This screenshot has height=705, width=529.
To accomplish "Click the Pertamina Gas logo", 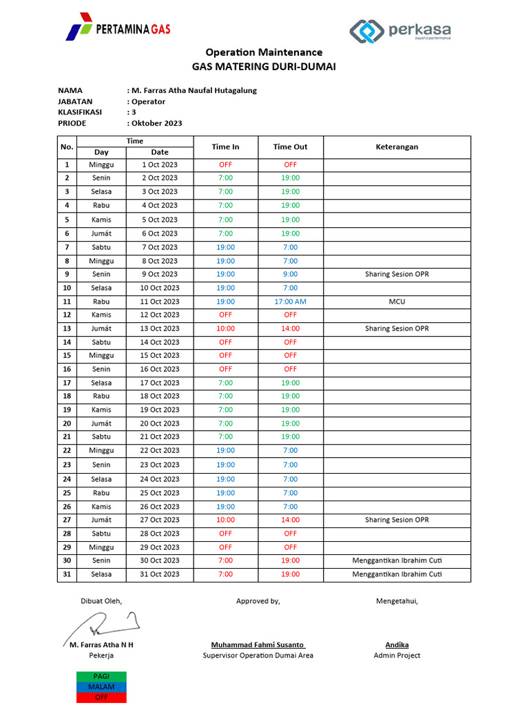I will [x=118, y=28].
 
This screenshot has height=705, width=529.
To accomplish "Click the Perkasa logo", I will [x=400, y=30].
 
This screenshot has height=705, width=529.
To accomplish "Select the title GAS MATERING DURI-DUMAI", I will [x=264, y=67].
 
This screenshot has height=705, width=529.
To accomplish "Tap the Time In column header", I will [x=225, y=147].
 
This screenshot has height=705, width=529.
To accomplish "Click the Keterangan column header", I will [x=397, y=147].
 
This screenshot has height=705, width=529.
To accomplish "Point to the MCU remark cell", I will [x=397, y=302].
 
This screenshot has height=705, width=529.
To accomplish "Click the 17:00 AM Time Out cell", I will [x=290, y=302].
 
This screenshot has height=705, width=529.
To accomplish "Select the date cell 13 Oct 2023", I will [x=160, y=328].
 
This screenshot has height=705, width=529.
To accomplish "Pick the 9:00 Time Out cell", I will [x=290, y=274].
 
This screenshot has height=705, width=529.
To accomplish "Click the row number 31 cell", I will [x=67, y=574].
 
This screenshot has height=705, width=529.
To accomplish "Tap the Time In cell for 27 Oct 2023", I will [x=225, y=520].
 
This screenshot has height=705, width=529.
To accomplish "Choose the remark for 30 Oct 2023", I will [x=397, y=560].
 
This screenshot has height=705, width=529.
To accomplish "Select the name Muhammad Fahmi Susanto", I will [x=258, y=645].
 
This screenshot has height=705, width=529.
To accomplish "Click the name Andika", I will [x=397, y=645].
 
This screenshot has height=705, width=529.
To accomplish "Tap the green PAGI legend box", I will [x=101, y=677].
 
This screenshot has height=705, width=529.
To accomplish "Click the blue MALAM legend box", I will [x=101, y=686].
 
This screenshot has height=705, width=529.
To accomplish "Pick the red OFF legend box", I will [x=101, y=697].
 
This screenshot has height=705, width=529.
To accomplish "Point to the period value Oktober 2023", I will [x=156, y=123].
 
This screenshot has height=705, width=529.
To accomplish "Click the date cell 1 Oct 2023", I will [x=160, y=165].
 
